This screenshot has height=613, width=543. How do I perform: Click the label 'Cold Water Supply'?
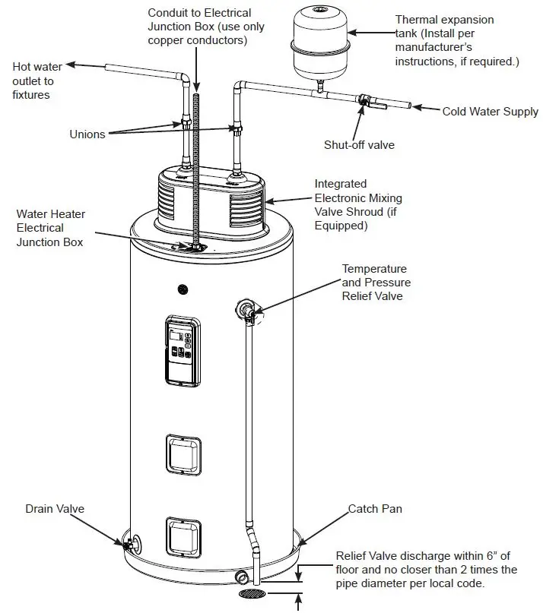coord(491,112)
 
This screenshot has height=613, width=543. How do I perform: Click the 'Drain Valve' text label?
coord(55,508)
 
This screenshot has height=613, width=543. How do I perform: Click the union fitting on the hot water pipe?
coord(185,123)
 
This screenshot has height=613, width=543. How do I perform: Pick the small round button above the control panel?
coord(182,289)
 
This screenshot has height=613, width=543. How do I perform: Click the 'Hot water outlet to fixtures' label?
coord(37,81)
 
